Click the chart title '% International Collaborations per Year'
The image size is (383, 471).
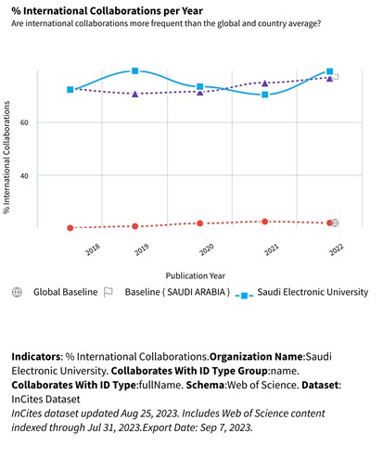[107, 11]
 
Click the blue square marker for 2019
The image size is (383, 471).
[134, 71]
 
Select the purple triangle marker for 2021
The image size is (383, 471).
[265, 83]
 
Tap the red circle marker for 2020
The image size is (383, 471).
[200, 223]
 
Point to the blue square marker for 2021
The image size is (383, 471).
[265, 95]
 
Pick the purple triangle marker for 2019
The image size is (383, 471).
[134, 94]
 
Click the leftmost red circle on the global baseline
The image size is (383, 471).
[70, 228]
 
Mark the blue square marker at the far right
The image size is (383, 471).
[330, 71]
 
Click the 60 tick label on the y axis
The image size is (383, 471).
[24, 122]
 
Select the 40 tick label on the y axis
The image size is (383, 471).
[24, 176]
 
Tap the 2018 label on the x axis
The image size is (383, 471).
[93, 249]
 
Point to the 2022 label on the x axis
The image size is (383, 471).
[337, 249]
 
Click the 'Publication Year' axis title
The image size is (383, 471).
[196, 275]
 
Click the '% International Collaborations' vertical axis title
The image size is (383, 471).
[6, 158]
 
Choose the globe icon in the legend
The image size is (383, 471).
[17, 292]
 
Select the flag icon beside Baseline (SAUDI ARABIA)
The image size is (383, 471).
[109, 292]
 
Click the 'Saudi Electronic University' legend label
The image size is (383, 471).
[313, 292]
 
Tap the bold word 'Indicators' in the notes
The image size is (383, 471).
[36, 357]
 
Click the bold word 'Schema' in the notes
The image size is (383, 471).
[205, 385]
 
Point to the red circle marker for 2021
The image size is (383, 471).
[265, 222]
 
